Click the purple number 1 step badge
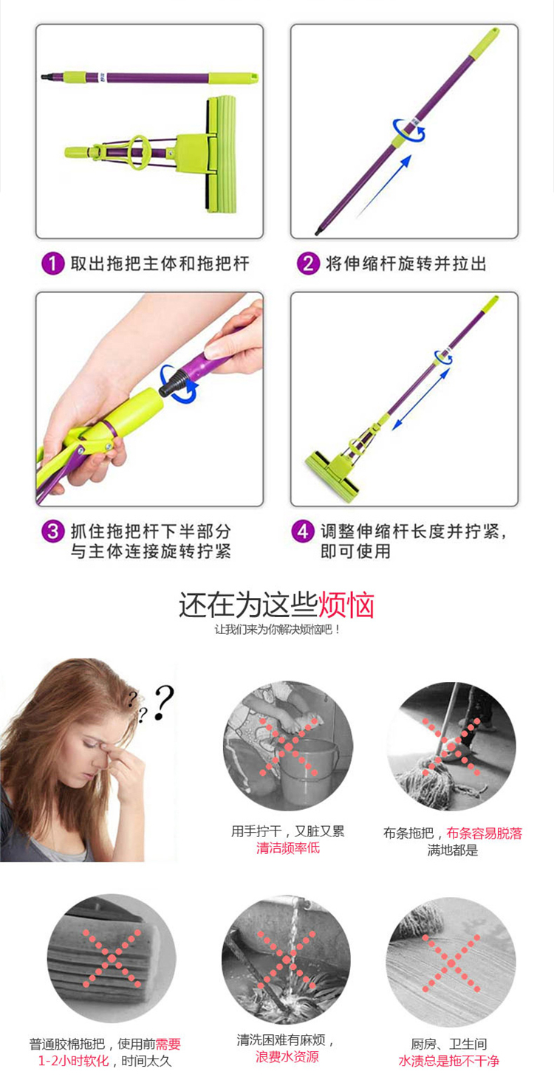(53, 264)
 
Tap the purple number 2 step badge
(308, 264)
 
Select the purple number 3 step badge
(53, 532)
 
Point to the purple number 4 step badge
(303, 532)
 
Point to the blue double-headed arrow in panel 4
(421, 399)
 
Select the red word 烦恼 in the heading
(346, 605)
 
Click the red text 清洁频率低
(288, 847)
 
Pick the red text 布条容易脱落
(484, 833)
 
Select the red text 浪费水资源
(287, 1057)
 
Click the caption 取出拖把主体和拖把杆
(160, 264)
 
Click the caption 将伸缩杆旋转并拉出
(406, 264)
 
